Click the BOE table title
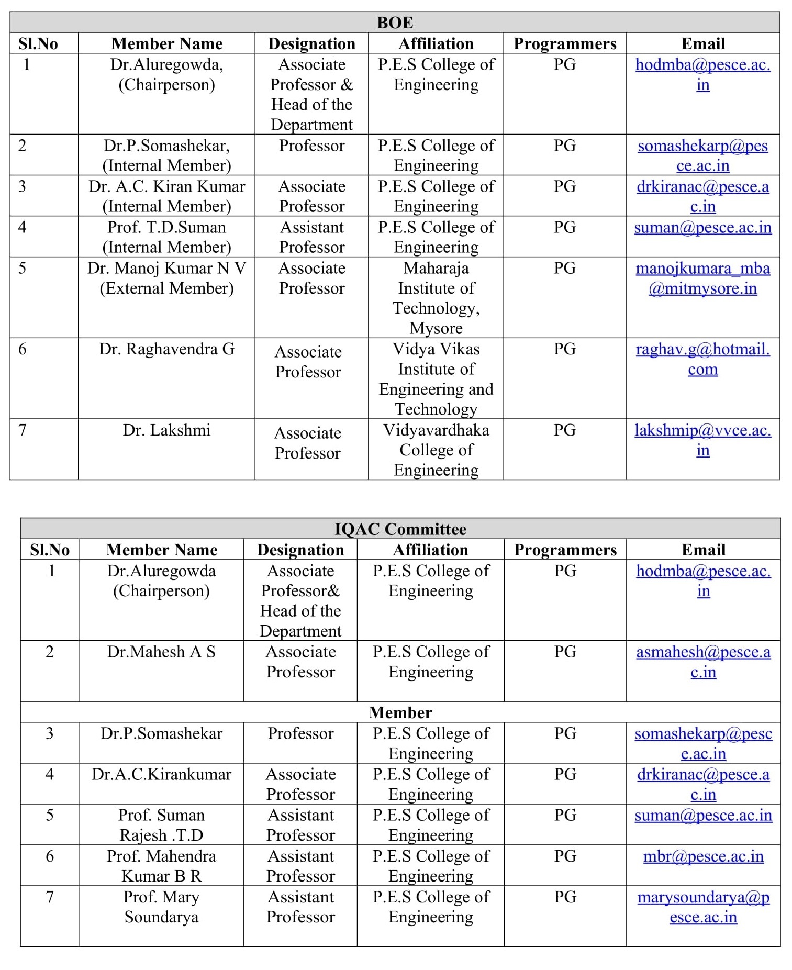[395, 23]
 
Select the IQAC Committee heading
[400, 529]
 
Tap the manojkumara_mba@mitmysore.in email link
[702, 278]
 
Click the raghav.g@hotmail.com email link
[702, 359]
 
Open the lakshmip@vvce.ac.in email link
[702, 440]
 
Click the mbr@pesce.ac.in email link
[703, 856]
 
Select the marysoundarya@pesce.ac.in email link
[703, 907]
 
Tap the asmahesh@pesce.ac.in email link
[703, 662]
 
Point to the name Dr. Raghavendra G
[166, 349]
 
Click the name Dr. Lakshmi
[166, 430]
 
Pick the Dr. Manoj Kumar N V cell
[166, 278]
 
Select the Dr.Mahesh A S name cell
[161, 652]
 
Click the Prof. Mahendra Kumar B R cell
[161, 866]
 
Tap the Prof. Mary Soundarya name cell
[161, 907]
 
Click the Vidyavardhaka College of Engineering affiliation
[436, 450]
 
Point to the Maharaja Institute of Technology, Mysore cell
[436, 298]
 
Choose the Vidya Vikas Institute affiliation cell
[436, 379]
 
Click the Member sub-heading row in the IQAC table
[400, 712]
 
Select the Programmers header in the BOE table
[565, 43]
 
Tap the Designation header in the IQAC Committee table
[300, 550]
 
